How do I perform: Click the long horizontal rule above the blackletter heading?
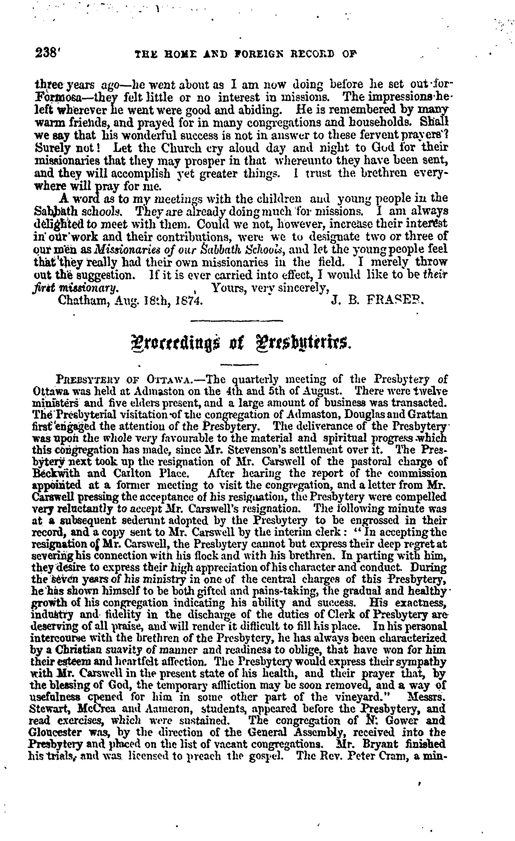point(237,321)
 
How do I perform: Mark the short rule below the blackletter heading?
point(235,365)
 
